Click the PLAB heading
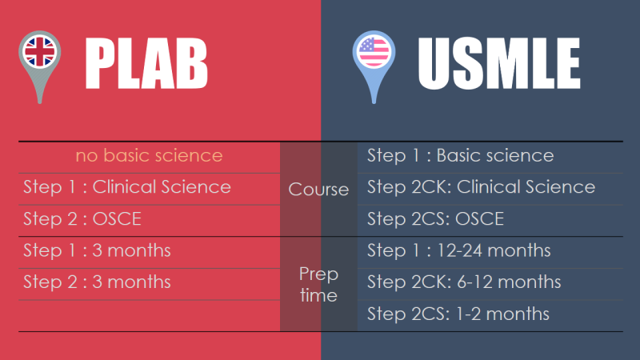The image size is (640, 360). tap(146, 63)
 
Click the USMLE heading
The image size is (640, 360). tap(498, 63)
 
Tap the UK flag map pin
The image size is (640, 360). tap(38, 64)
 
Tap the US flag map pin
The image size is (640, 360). tap(374, 64)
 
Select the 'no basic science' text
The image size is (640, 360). tap(149, 155)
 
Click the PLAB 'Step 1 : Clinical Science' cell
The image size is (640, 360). tap(127, 187)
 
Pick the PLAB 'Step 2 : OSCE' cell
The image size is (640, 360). tap(87, 218)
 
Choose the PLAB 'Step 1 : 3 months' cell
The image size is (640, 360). tap(97, 250)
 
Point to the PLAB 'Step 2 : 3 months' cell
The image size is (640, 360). tap(97, 282)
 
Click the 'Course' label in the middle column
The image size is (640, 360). tap(318, 190)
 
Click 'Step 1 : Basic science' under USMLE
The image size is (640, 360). tap(460, 155)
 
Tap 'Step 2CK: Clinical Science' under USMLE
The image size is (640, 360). tap(481, 187)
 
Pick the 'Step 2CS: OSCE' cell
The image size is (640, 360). tap(436, 218)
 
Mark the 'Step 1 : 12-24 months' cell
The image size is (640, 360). tap(458, 250)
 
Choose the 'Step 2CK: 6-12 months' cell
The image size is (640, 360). tap(464, 282)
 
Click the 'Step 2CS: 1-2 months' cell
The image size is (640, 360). tap(458, 314)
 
